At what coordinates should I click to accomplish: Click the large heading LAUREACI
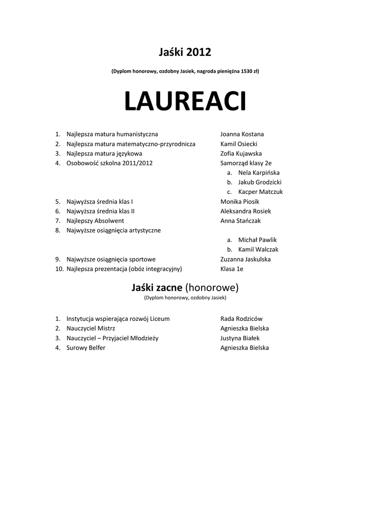click(185, 102)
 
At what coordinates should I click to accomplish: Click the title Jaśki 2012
click(185, 52)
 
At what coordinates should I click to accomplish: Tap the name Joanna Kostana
click(242, 134)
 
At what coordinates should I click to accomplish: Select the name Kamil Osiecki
click(238, 144)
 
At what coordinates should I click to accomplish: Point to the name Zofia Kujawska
click(241, 154)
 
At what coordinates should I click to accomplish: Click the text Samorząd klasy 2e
click(246, 163)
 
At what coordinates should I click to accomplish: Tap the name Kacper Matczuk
click(260, 192)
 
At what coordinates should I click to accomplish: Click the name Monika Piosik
click(239, 202)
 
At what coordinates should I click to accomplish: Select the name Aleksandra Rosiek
click(246, 211)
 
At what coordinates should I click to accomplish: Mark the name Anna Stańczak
click(241, 221)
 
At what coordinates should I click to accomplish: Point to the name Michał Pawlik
click(257, 240)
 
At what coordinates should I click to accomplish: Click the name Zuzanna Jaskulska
click(246, 259)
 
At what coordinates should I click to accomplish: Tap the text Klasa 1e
click(232, 269)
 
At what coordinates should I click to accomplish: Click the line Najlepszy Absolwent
click(95, 221)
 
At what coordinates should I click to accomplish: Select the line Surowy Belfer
click(86, 348)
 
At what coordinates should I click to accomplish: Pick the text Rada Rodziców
click(242, 319)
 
